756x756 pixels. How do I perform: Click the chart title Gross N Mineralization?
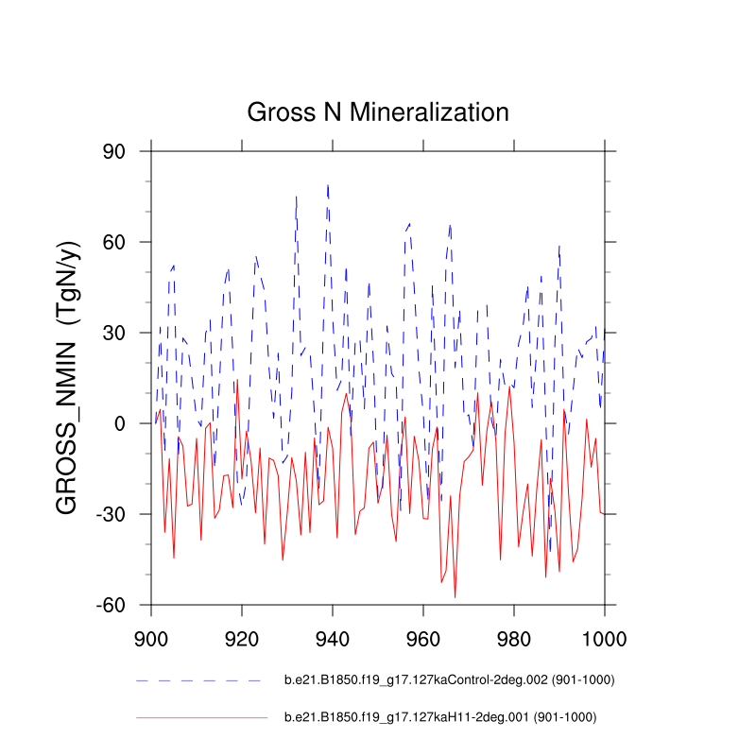(x=378, y=112)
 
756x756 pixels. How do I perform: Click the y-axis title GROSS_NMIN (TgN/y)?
(x=69, y=378)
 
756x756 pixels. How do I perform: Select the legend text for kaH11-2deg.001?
(x=440, y=717)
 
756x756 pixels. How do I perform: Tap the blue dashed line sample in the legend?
(x=198, y=680)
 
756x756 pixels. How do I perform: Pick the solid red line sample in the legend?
(x=201, y=718)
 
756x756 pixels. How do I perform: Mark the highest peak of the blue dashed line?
(x=328, y=185)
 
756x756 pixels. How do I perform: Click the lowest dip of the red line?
(x=455, y=597)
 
